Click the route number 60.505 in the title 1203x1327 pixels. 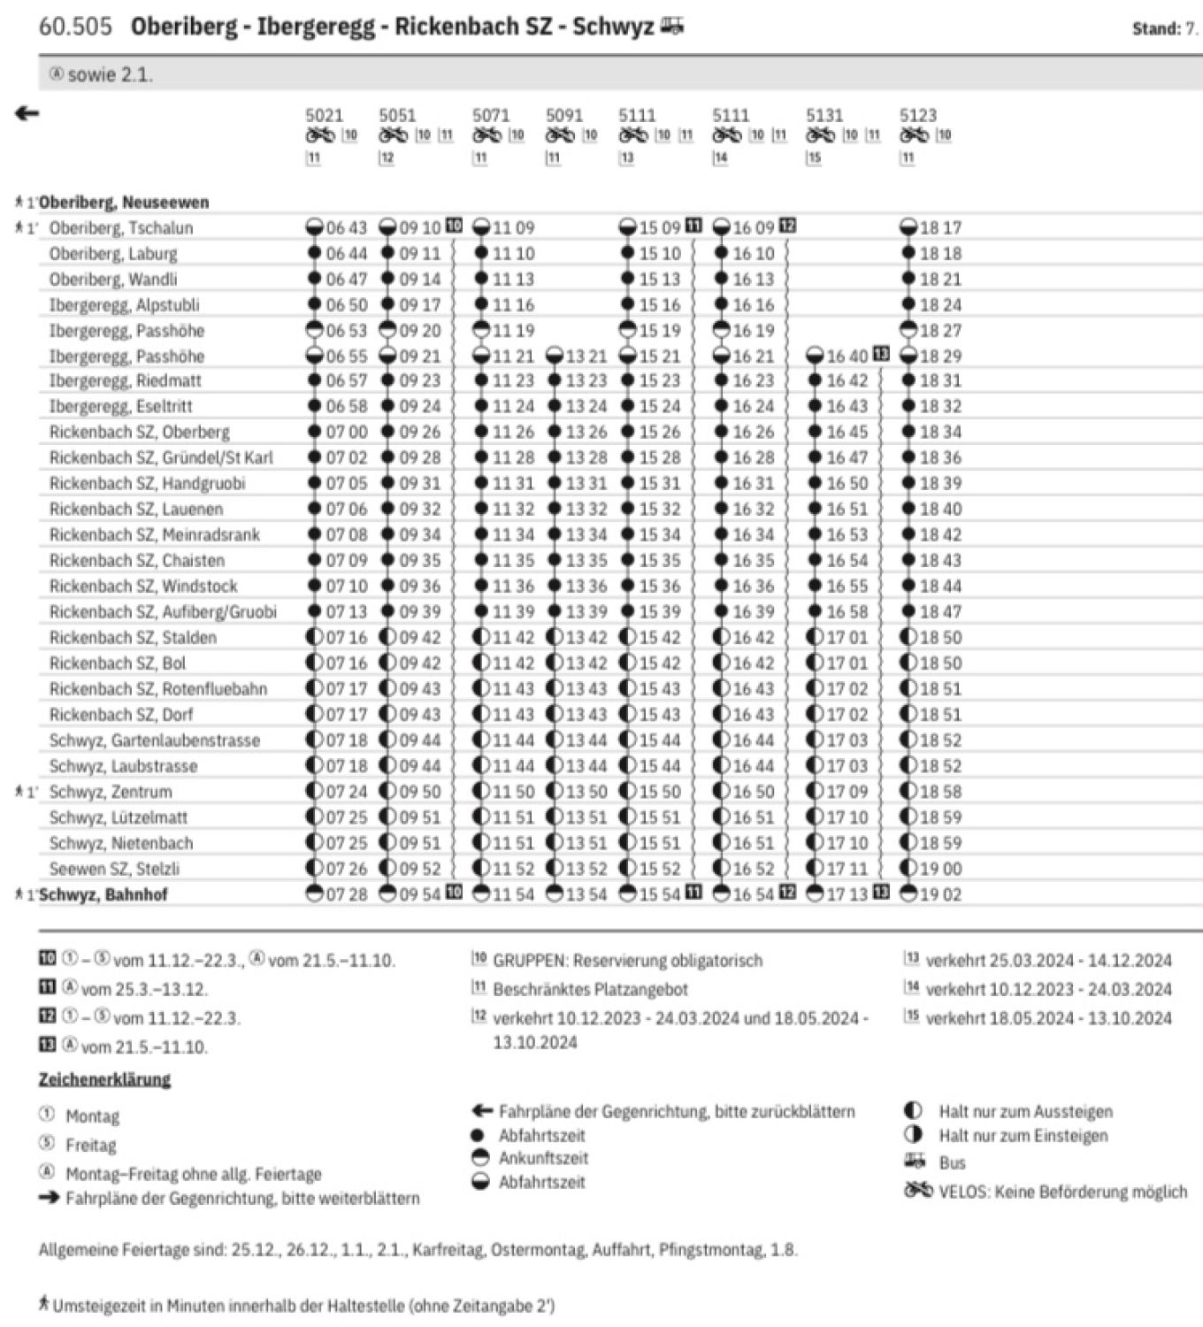75,27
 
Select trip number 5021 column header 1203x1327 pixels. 324,115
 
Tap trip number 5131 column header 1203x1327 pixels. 824,115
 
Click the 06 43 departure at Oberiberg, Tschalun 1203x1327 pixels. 346,227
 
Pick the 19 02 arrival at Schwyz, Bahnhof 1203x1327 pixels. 940,894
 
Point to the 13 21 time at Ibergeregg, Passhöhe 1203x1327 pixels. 586,356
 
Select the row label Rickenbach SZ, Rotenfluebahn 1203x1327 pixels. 157,688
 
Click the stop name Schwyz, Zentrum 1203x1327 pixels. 111,792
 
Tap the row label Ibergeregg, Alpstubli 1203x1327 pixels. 124,304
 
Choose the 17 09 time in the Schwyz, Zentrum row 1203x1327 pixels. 847,792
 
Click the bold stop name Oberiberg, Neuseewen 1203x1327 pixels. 124,202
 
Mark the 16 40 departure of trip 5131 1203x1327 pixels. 847,356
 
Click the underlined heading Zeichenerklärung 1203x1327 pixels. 104,1079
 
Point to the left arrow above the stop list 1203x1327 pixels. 27,113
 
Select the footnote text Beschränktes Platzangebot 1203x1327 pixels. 590,989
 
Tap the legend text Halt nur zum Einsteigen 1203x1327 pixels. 1023,1135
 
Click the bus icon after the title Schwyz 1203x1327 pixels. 671,27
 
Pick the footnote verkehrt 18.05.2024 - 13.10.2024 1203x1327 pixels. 1048,1017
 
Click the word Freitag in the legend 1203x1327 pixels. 91,1145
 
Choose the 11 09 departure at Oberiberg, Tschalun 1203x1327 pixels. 513,227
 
